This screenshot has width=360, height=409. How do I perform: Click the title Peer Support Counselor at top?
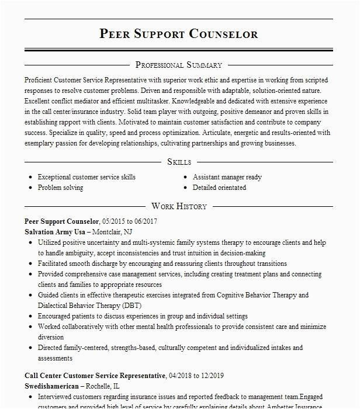tap(179, 33)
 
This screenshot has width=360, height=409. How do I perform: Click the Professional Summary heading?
tap(179, 65)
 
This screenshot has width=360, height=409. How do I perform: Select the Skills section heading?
tap(179, 161)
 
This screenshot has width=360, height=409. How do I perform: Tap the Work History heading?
tap(179, 206)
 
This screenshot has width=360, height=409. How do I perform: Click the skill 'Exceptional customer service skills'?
tap(86, 177)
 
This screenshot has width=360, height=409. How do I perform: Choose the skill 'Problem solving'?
tap(60, 188)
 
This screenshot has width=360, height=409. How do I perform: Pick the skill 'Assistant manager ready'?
tap(227, 177)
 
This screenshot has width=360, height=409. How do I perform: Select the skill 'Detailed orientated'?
tap(219, 188)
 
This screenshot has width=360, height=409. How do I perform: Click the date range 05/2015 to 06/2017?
tap(129, 221)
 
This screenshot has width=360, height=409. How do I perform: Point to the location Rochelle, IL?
tap(109, 386)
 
